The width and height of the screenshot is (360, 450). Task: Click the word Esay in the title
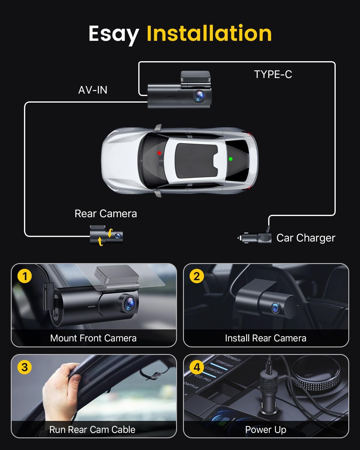[x=113, y=34]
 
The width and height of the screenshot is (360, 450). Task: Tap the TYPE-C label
[x=273, y=74]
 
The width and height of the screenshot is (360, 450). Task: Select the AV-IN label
[x=93, y=90]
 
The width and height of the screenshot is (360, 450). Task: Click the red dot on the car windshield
[x=159, y=153]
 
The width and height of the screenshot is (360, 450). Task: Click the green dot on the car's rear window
[x=230, y=159]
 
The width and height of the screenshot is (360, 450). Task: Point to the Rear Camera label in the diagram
[x=106, y=214]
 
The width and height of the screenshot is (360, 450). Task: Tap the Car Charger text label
[x=305, y=238]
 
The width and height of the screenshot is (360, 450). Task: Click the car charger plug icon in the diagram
[x=255, y=238]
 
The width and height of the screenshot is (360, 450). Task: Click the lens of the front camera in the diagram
[x=199, y=96]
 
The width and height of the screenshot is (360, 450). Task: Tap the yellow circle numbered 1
[x=25, y=276]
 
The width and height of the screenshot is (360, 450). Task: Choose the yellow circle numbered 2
[x=196, y=276]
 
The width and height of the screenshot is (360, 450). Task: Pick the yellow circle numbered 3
[x=25, y=367]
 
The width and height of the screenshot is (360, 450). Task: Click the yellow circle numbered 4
[x=196, y=367]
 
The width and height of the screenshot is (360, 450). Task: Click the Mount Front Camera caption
[x=93, y=338]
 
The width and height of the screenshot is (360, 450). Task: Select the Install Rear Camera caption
[x=265, y=338]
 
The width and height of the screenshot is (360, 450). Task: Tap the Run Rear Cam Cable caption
[x=92, y=430]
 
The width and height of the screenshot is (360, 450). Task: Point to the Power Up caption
[x=265, y=430]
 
